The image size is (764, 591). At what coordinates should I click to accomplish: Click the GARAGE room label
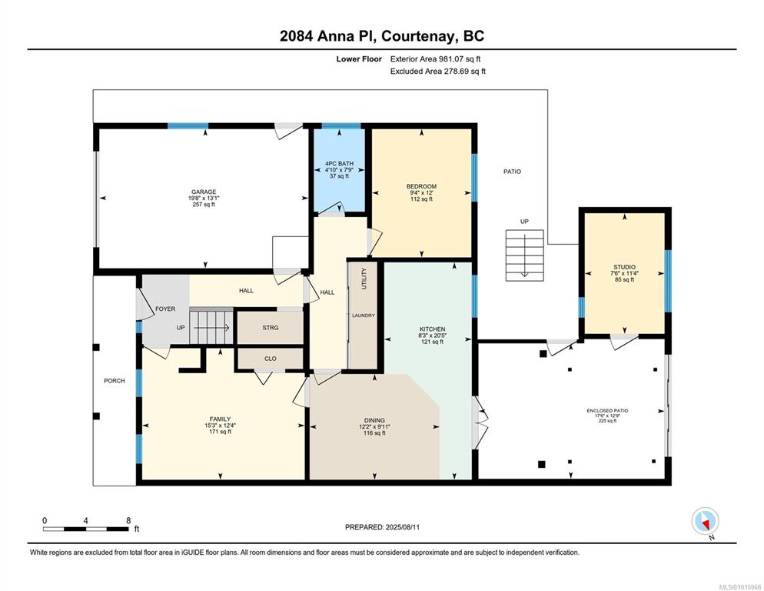point(203,192)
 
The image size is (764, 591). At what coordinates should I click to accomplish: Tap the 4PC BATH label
point(339,163)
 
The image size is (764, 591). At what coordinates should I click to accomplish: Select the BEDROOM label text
point(421,186)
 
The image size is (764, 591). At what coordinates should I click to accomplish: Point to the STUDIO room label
point(624,267)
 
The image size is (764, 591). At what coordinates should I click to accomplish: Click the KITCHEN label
point(432,329)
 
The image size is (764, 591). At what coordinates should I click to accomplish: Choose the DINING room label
point(374,420)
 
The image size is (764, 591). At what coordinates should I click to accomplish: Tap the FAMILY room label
point(220,419)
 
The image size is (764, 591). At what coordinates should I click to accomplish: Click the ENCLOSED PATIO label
point(607,411)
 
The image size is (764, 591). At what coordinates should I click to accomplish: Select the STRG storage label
point(271,328)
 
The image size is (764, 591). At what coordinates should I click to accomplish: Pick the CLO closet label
point(271,359)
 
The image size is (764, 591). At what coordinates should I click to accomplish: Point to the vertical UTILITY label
point(364,279)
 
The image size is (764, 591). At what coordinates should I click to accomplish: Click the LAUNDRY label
point(364,316)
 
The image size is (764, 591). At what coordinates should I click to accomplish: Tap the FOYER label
point(165,309)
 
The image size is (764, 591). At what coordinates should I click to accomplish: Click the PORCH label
point(114,381)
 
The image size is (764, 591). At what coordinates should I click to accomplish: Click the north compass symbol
point(705,521)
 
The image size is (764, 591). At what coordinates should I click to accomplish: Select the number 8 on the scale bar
point(128,520)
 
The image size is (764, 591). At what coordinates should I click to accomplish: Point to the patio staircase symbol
point(524,255)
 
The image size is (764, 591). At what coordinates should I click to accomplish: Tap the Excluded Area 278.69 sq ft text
point(438,72)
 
